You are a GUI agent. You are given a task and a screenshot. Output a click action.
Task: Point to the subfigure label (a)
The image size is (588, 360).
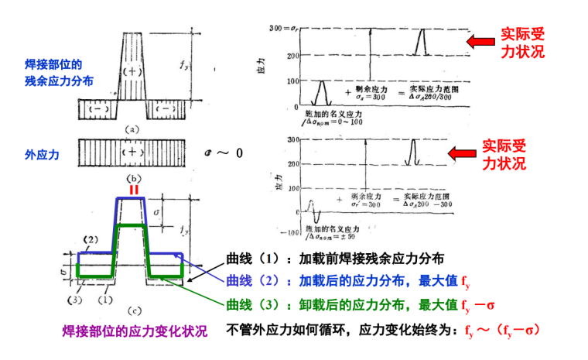pos(133,129)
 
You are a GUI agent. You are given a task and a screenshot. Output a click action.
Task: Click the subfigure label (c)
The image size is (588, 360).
pos(133,310)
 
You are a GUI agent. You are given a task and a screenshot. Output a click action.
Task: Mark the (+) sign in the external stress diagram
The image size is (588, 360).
pos(133,153)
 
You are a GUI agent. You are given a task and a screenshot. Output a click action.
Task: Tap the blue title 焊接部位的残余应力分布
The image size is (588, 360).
pos(48,72)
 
